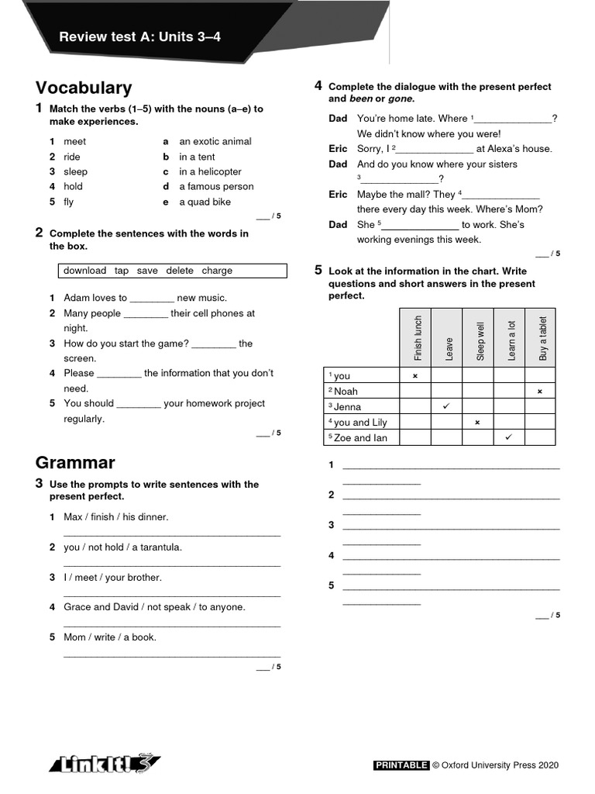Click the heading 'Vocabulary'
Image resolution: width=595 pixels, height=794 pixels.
(x=84, y=88)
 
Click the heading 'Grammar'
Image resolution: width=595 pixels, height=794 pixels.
(x=75, y=463)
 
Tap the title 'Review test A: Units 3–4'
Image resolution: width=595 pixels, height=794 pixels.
(x=140, y=36)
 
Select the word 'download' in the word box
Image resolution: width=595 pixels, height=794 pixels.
(x=84, y=271)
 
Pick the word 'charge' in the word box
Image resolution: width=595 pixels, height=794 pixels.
(x=217, y=271)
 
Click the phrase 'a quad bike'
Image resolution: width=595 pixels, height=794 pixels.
(x=205, y=202)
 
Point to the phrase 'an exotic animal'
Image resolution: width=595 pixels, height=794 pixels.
(x=215, y=141)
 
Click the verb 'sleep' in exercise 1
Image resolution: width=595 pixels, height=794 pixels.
(x=75, y=171)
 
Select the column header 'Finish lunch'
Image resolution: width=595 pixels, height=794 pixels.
(x=418, y=338)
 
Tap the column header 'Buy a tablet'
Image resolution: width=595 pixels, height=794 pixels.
(x=542, y=338)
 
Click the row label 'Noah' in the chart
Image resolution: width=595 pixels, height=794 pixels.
(x=346, y=392)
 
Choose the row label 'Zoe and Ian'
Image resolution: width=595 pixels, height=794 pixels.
(x=360, y=438)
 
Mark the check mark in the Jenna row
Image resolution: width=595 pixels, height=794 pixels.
(x=446, y=406)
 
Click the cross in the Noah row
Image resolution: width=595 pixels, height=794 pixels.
(x=540, y=392)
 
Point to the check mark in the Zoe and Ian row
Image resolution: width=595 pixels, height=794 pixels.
(x=509, y=437)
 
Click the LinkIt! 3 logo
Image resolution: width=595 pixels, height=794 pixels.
(x=105, y=764)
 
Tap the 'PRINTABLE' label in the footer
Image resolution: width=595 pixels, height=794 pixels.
(x=401, y=765)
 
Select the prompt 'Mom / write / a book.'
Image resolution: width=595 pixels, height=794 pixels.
(x=110, y=637)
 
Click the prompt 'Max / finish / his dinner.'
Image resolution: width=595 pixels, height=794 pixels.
(x=115, y=517)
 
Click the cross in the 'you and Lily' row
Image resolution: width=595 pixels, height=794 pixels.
(x=477, y=423)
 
